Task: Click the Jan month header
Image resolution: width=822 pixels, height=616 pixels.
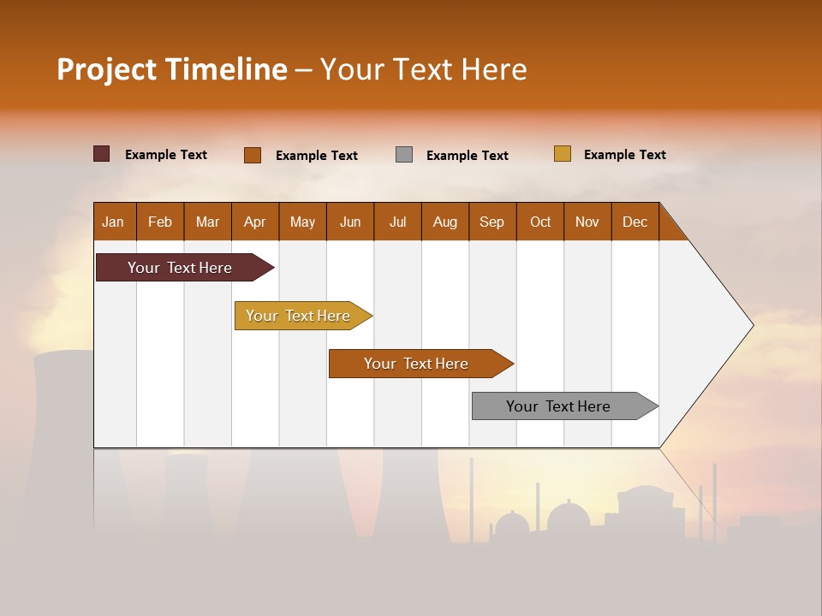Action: point(114,222)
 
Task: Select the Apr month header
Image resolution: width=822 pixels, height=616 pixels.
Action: point(254,222)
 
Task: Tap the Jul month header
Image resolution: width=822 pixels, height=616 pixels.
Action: point(397,222)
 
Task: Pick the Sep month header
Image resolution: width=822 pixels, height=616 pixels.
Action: point(491,222)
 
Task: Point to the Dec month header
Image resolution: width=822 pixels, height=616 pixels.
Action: point(634,222)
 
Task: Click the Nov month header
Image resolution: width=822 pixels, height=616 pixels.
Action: point(587,222)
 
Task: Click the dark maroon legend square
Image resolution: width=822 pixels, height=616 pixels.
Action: point(101,154)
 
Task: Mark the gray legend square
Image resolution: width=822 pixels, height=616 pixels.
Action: point(404,155)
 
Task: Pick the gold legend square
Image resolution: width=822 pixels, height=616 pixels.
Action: point(562,154)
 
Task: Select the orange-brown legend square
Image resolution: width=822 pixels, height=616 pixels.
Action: point(253,155)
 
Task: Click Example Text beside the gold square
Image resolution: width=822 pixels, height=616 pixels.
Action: point(624,155)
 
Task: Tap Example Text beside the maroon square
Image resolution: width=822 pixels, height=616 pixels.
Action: point(165,155)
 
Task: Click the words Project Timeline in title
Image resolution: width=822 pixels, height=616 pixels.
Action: point(172,69)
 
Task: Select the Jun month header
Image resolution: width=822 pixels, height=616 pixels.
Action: point(350,222)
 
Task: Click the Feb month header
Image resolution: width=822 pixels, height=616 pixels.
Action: point(160,222)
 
